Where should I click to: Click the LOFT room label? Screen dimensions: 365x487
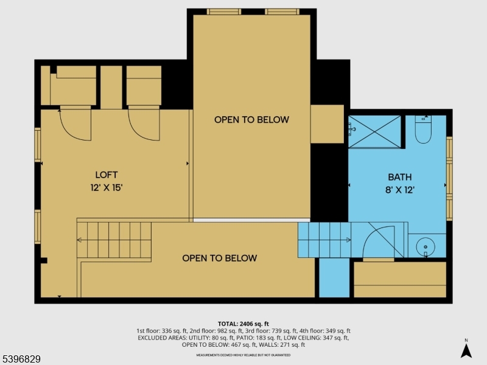click(x=106, y=175)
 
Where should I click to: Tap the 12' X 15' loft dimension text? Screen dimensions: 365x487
click(x=106, y=187)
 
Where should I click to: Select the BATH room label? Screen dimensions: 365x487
click(x=399, y=177)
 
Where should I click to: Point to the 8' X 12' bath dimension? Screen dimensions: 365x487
click(x=399, y=190)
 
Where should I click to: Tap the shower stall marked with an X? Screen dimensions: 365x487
click(x=374, y=131)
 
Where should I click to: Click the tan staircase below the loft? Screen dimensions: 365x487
click(x=114, y=240)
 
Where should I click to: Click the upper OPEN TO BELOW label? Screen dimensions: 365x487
click(x=251, y=120)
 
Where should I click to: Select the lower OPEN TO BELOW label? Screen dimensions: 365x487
click(x=220, y=258)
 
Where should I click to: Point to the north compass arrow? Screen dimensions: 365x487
click(x=466, y=350)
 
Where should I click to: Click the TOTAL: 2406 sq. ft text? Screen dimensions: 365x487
click(x=243, y=324)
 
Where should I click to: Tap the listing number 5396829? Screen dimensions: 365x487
click(x=21, y=360)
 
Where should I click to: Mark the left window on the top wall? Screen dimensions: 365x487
click(x=224, y=12)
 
